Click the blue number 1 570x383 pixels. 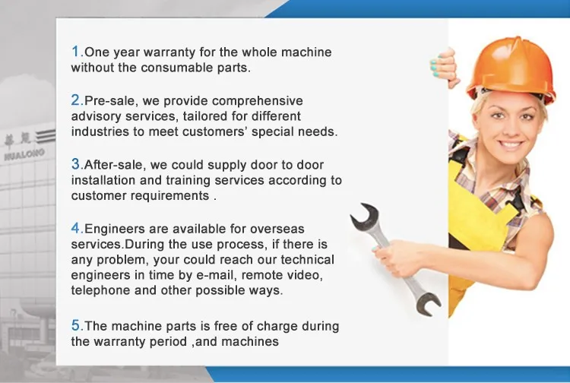click(x=76, y=51)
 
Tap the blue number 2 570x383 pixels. click(x=76, y=100)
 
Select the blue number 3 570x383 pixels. click(x=76, y=164)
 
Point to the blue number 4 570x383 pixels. click(x=76, y=228)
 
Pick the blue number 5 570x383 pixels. click(x=76, y=325)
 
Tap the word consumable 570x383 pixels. click(x=176, y=68)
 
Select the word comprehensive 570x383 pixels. click(x=257, y=101)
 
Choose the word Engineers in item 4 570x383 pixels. click(x=115, y=229)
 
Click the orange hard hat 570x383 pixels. click(x=511, y=69)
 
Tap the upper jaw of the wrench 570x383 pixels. click(x=365, y=216)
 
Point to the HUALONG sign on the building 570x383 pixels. click(x=24, y=154)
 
